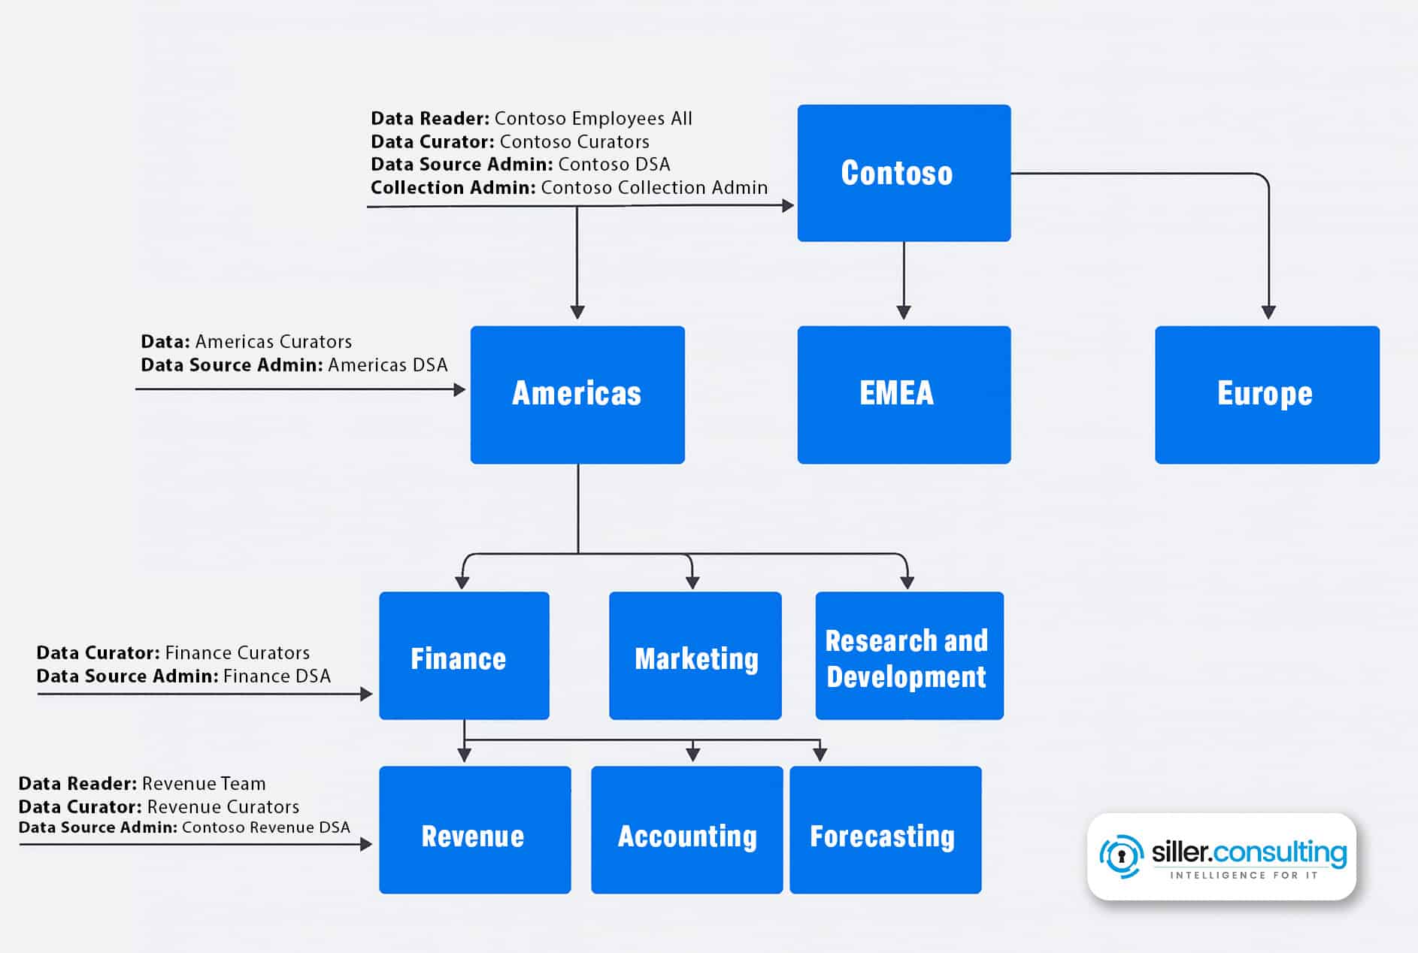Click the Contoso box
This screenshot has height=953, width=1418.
click(x=904, y=173)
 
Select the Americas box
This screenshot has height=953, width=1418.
click(x=577, y=395)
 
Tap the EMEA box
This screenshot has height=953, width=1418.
click(x=904, y=395)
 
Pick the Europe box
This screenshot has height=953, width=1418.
click(x=1267, y=395)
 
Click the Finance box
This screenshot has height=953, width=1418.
click(x=464, y=655)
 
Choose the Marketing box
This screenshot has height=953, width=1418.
click(x=695, y=655)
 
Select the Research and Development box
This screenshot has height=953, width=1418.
click(x=909, y=655)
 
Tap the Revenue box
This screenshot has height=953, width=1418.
click(x=474, y=830)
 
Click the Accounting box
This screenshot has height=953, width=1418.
click(x=686, y=830)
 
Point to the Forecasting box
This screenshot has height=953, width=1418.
click(x=885, y=830)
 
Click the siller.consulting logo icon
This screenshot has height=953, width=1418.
click(x=1121, y=856)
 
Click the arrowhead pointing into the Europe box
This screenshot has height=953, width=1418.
click(x=1268, y=312)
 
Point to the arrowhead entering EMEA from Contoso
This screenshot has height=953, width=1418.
click(x=904, y=312)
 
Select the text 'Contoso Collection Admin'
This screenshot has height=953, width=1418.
click(x=654, y=188)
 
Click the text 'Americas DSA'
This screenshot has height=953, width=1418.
click(x=388, y=365)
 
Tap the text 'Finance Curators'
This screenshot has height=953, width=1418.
click(x=237, y=653)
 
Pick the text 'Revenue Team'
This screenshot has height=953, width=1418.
click(x=204, y=784)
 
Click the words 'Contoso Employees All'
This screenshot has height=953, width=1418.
click(x=593, y=119)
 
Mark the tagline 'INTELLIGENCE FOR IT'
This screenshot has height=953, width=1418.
click(x=1244, y=876)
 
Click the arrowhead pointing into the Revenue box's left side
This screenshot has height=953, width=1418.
click(x=366, y=844)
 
